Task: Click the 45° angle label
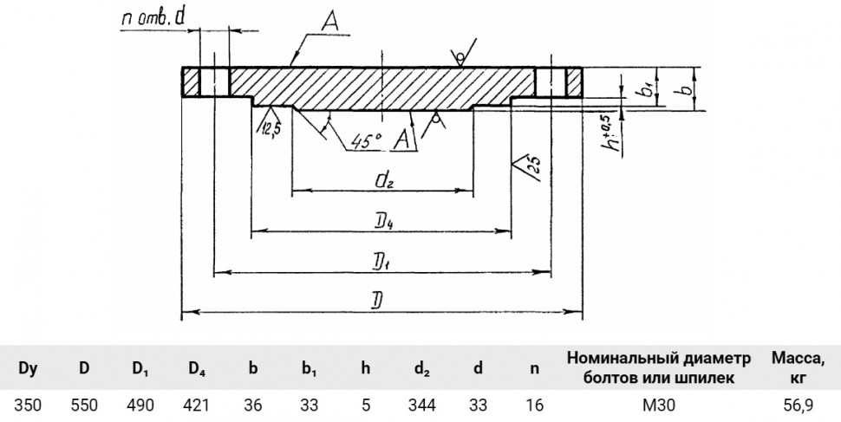[367, 141]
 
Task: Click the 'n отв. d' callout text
[153, 18]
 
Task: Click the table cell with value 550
[84, 405]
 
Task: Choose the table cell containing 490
[140, 405]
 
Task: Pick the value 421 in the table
[196, 405]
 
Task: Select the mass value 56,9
[799, 405]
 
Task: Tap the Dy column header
[28, 368]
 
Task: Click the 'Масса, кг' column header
[799, 368]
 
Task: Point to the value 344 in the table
[422, 405]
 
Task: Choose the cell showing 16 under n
[534, 405]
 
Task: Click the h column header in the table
[366, 368]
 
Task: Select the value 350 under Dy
[28, 405]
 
